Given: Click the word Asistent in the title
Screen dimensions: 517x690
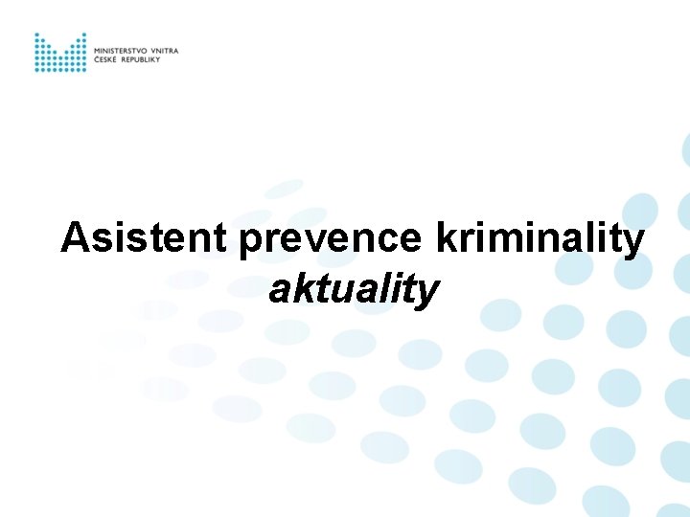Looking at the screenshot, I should click(x=145, y=238).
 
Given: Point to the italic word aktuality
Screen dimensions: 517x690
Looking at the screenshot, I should click(x=354, y=289).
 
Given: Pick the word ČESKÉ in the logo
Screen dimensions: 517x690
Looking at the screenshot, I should click(x=105, y=59).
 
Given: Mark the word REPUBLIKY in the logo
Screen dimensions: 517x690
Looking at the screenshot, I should click(x=140, y=59).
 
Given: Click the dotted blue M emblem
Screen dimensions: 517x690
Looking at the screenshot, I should click(x=59, y=53).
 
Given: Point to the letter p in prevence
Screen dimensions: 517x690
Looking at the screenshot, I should click(x=251, y=243).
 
